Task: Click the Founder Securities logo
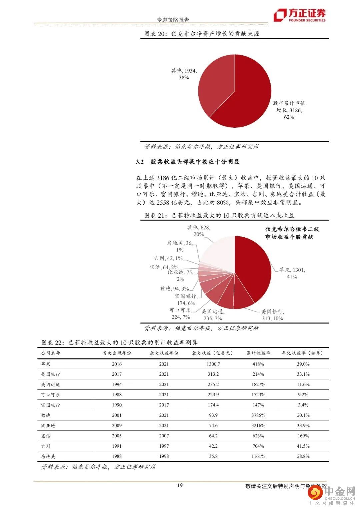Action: (299, 15)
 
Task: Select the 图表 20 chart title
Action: (202, 34)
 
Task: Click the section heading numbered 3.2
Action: (187, 162)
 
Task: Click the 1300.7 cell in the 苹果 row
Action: (213, 364)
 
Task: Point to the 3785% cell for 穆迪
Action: (258, 415)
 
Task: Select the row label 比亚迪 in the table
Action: (48, 426)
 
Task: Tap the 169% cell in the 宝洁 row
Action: (303, 436)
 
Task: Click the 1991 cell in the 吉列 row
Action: (117, 446)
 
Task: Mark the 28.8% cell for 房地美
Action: (303, 457)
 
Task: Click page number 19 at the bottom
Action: (180, 486)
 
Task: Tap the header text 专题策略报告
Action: (173, 20)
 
